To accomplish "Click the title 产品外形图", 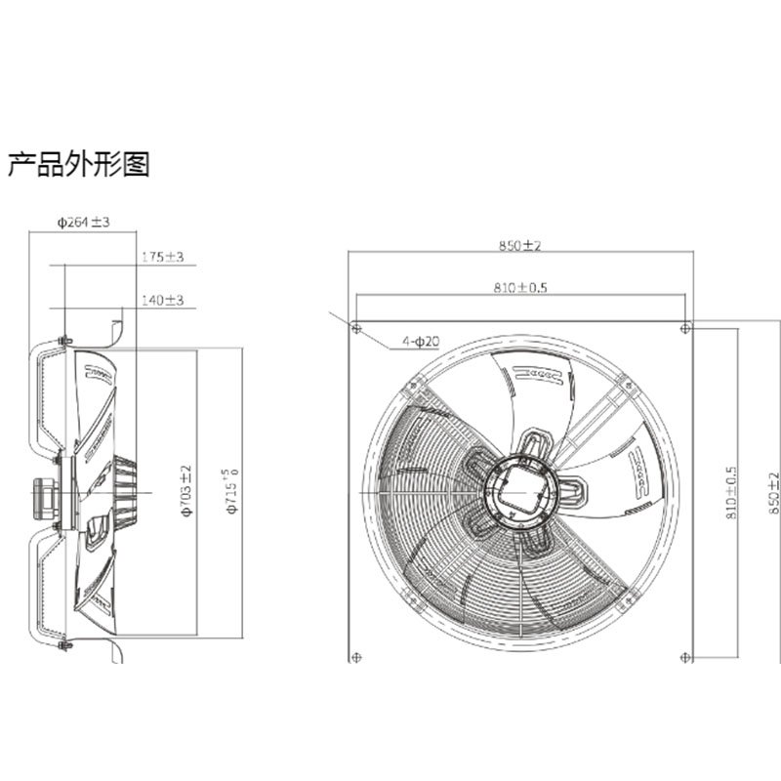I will (x=79, y=164).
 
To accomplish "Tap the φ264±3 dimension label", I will (x=82, y=223).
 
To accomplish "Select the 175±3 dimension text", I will (x=162, y=257).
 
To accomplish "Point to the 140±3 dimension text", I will (x=162, y=300).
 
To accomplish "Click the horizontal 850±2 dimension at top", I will (x=519, y=246).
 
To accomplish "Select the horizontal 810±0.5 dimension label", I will (x=519, y=288).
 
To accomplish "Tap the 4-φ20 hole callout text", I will (x=421, y=342).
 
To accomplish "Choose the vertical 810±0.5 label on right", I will (x=731, y=491).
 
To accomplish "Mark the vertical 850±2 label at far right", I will (x=774, y=493).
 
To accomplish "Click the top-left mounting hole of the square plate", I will (x=356, y=327).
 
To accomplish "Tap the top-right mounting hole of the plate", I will (x=685, y=327).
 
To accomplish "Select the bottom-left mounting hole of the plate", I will (x=356, y=656).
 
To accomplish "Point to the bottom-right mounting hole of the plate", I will (x=685, y=656).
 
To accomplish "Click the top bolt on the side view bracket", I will (x=64, y=340).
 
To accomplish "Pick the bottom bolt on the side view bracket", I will (x=64, y=645).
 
